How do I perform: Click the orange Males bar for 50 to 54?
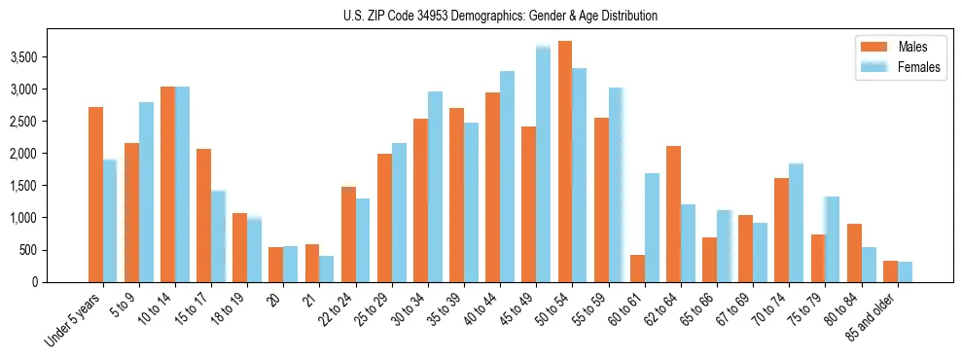[x=565, y=162]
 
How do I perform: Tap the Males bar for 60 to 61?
[x=637, y=269]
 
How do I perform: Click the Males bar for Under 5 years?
[x=95, y=195]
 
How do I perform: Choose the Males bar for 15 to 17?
[x=203, y=215]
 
